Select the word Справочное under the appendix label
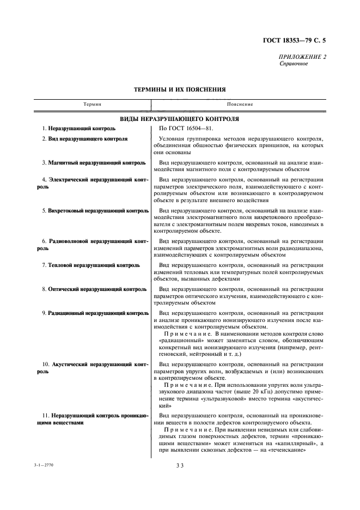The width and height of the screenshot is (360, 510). [x=294, y=64]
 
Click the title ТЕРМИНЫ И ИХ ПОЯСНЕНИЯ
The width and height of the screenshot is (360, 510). [x=180, y=89]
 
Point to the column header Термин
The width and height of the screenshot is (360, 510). [x=93, y=104]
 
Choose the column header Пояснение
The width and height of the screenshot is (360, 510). [x=240, y=104]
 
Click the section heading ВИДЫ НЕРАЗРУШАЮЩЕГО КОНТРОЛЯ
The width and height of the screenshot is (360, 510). [x=180, y=118]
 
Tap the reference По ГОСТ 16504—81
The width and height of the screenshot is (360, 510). [x=182, y=129]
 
